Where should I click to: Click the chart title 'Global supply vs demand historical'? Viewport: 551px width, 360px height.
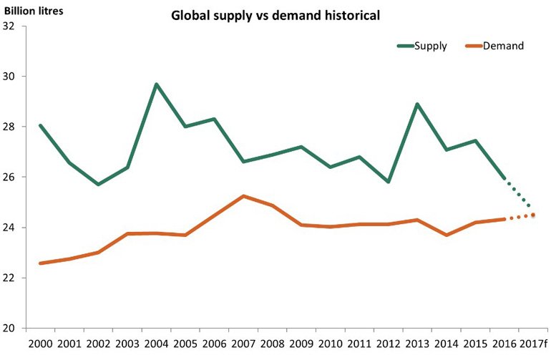click(274, 15)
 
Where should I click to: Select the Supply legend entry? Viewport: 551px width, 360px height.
click(422, 46)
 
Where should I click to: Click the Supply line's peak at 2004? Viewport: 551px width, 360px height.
click(156, 84)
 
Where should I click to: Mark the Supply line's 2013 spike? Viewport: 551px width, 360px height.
click(417, 104)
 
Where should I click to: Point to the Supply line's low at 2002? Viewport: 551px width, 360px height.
click(98, 184)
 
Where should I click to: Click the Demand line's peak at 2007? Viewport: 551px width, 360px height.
click(243, 196)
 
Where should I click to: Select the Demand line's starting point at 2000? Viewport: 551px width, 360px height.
click(40, 263)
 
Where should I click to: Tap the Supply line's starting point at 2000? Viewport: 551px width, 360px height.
click(40, 125)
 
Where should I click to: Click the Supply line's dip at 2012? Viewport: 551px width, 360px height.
click(389, 182)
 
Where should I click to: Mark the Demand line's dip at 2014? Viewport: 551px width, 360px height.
click(447, 235)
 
